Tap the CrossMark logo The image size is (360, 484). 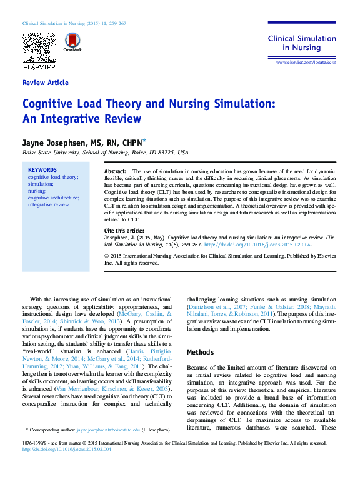(72, 43)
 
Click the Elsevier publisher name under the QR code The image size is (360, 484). (39, 66)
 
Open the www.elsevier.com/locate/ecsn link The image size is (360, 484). (306, 63)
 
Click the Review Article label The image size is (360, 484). (45, 83)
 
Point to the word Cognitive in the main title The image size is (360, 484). (51, 104)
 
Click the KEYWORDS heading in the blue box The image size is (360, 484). (42, 170)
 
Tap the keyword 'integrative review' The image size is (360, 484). (48, 204)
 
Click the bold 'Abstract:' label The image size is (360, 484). (115, 171)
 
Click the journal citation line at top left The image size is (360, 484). (74, 23)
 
